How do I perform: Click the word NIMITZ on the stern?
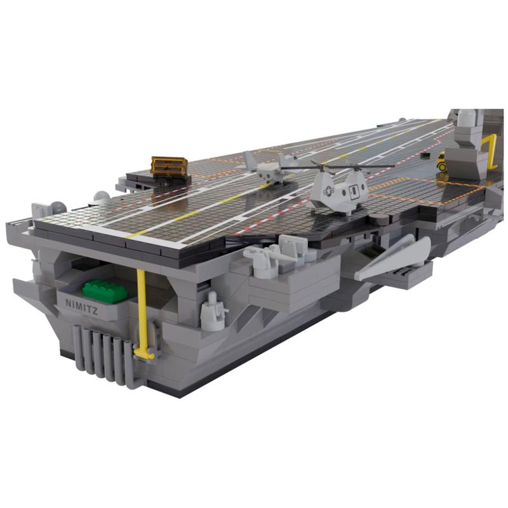click(82, 307)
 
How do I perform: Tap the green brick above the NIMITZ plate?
click(105, 291)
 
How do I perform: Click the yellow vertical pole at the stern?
click(142, 312)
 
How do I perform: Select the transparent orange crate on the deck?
click(170, 166)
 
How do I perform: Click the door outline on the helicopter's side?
click(354, 191)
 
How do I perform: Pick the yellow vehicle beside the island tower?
click(441, 161)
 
